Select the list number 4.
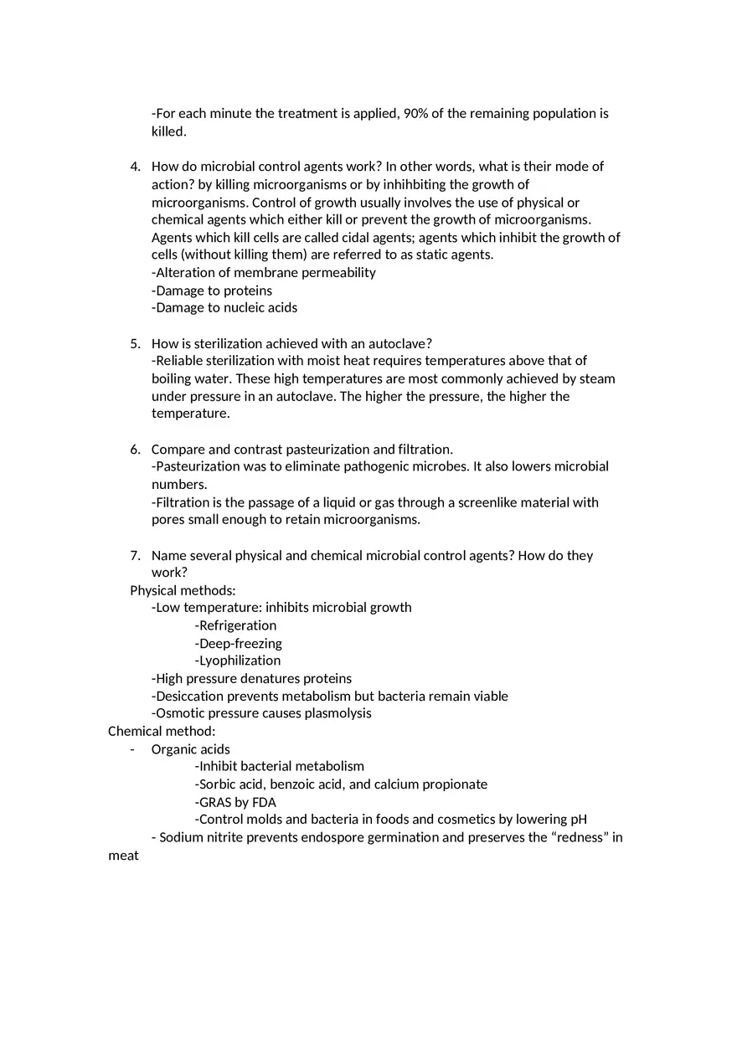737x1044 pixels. click(x=135, y=167)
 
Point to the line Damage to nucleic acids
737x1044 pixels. click(x=224, y=308)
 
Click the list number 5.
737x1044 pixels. click(x=135, y=344)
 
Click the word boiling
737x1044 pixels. click(x=173, y=379)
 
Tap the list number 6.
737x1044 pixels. click(x=135, y=450)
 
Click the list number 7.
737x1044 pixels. click(x=135, y=556)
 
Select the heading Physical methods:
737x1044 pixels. click(x=183, y=591)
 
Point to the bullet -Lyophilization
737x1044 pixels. click(x=238, y=661)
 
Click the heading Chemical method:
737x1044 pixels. click(x=162, y=732)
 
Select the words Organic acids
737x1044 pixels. click(x=191, y=749)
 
